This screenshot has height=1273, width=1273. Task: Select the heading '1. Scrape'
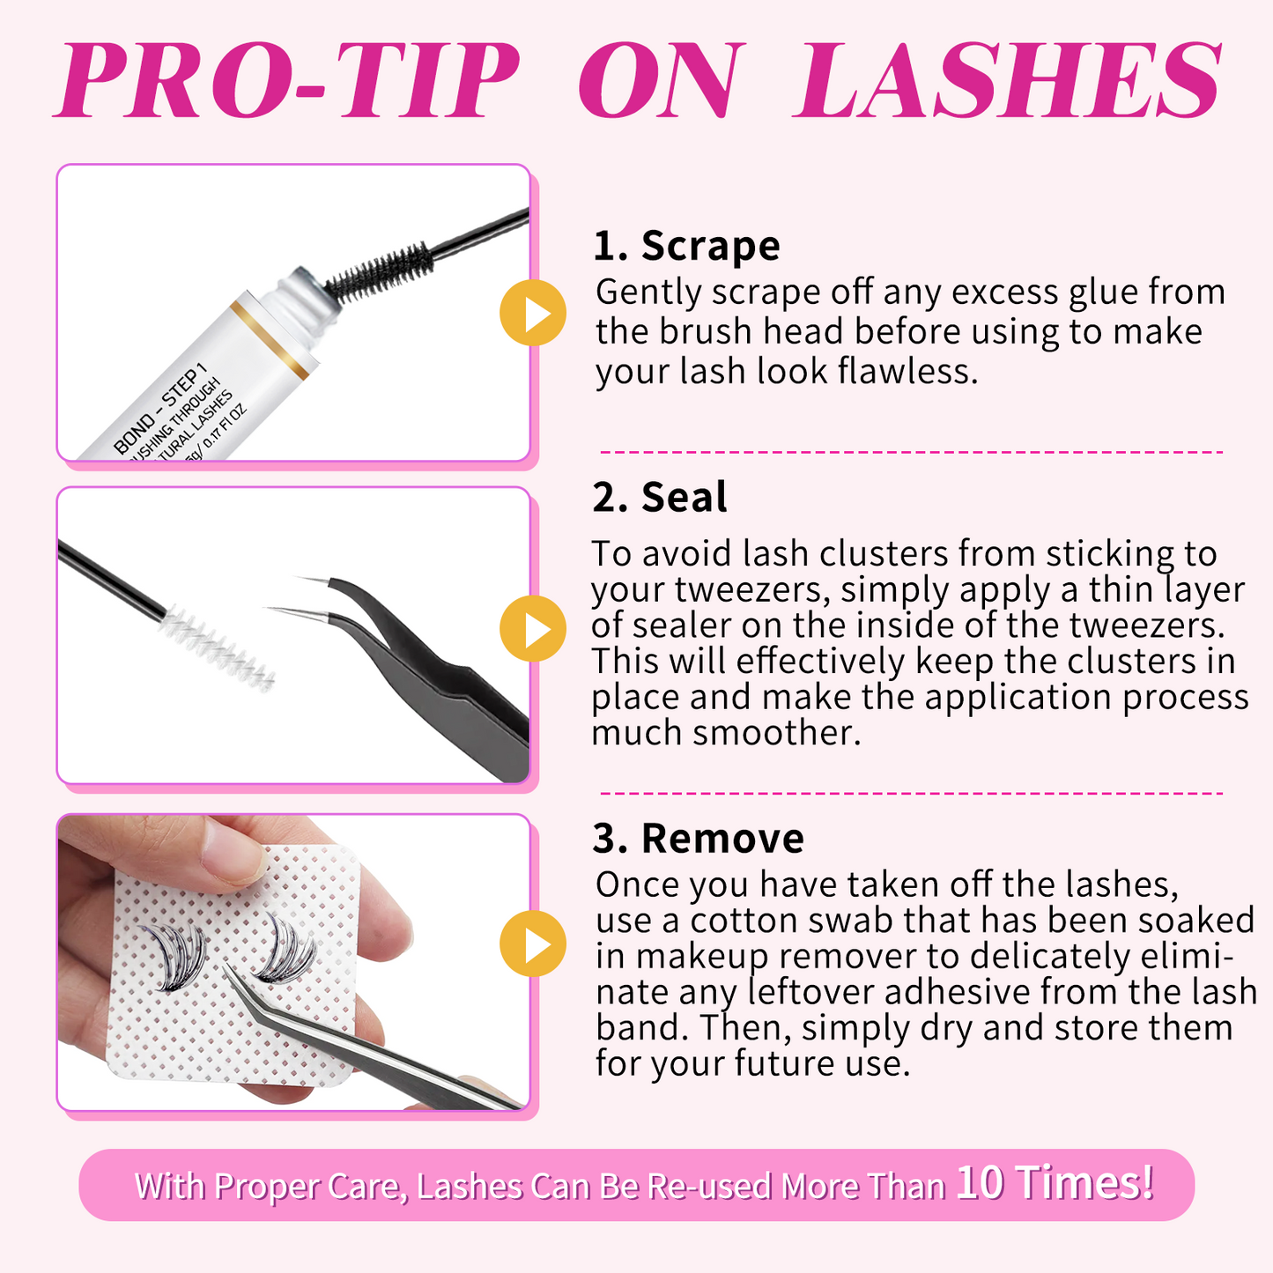coord(686,245)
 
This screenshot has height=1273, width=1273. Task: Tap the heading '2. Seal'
coord(660,497)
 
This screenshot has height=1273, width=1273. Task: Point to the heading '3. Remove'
coord(698,838)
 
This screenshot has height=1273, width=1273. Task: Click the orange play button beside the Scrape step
coord(532,313)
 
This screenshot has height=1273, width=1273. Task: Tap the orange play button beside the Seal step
coord(532,628)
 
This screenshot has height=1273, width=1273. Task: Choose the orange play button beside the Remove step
coord(532,944)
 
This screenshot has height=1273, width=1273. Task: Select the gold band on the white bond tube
coord(269,340)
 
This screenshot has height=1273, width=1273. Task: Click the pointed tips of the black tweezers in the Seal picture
coord(300,595)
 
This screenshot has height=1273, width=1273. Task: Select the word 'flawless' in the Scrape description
coord(907,371)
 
